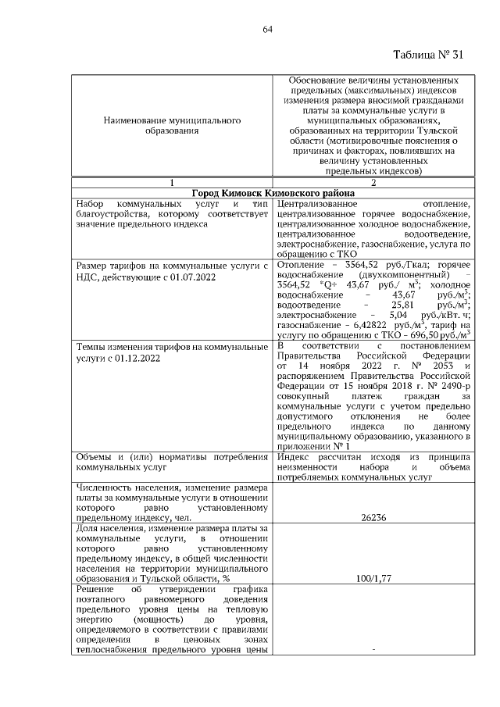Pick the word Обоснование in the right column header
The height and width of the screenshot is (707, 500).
point(320,80)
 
